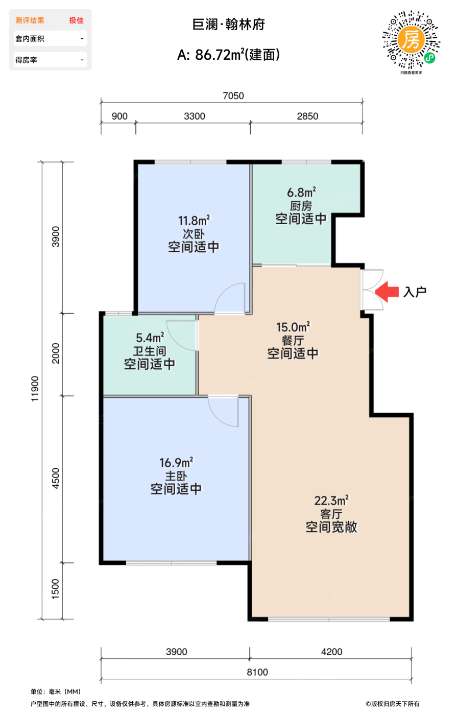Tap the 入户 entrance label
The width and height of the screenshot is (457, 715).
tap(415, 292)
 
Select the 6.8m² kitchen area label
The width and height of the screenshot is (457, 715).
tap(301, 192)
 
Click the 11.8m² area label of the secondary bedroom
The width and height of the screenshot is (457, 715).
tap(194, 220)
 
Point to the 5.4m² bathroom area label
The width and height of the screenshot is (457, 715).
tap(150, 338)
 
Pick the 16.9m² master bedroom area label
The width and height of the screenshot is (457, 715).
tap(176, 463)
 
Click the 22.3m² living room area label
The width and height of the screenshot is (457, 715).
tap(332, 500)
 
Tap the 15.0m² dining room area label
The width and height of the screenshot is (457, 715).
tap(293, 327)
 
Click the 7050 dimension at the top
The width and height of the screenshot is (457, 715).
tap(233, 96)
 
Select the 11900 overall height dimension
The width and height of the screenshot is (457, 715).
tap(35, 389)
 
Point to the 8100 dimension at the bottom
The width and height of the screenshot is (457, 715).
tap(257, 672)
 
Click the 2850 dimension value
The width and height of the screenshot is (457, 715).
tap(307, 116)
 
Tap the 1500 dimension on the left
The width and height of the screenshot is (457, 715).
tap(56, 588)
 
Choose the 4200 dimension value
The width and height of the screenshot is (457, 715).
tap(331, 652)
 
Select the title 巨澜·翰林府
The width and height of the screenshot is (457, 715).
tap(229, 25)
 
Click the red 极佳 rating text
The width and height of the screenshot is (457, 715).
tap(76, 20)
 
